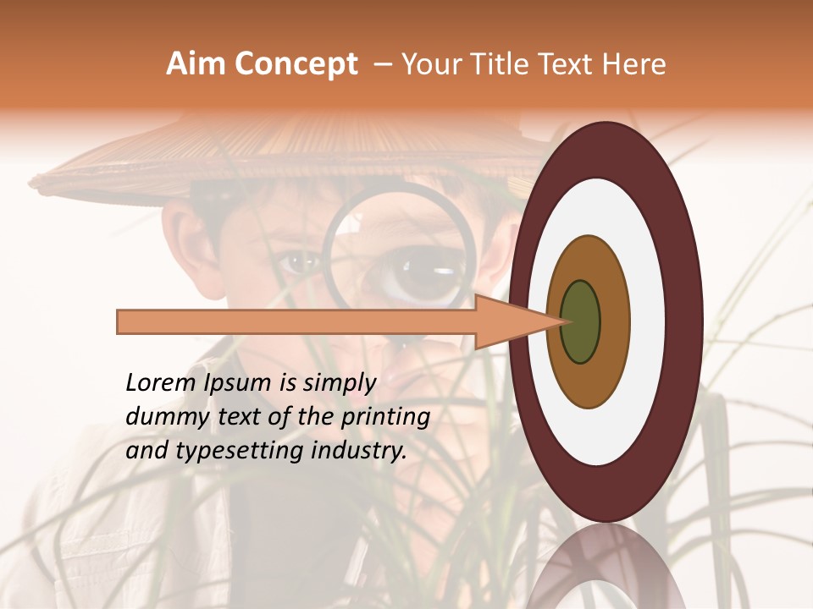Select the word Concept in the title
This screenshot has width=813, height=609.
point(296,64)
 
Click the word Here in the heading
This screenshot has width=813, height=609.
point(635,64)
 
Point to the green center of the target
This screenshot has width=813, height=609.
point(580,321)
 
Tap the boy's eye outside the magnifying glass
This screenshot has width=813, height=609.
point(298,263)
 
